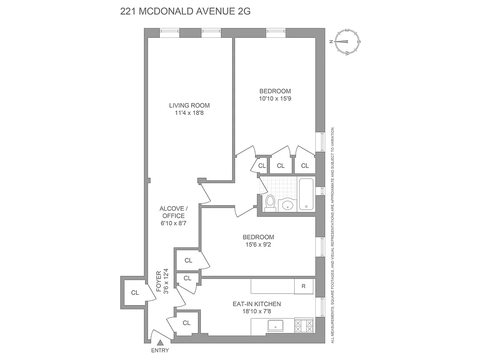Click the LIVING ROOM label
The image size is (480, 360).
(x=189, y=106)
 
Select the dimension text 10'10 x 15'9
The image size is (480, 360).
(x=275, y=98)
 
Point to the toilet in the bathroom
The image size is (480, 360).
(x=270, y=203)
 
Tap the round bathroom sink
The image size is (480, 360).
(x=287, y=206)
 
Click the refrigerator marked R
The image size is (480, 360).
(x=304, y=286)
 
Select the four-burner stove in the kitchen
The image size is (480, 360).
(x=304, y=325)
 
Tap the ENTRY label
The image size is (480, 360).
(x=160, y=351)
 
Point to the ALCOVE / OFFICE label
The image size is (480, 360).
(x=173, y=212)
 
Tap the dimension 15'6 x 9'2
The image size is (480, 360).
(x=258, y=245)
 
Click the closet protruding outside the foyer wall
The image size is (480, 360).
(x=135, y=292)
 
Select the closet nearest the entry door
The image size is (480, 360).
(x=187, y=323)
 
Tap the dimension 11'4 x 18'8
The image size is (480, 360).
(x=189, y=113)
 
